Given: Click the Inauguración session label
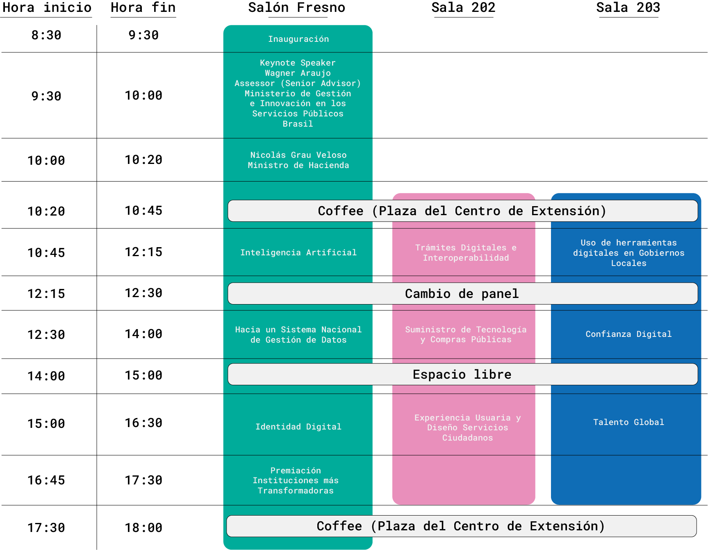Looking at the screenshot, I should click(298, 39).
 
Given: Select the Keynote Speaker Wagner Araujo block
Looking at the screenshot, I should click(298, 93).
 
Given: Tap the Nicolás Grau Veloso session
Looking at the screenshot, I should click(298, 160).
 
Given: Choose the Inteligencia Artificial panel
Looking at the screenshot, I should click(298, 252).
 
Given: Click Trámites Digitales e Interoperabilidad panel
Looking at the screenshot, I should click(465, 252).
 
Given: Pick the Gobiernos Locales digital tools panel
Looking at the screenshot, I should click(628, 252).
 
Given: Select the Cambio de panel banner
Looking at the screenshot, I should click(462, 293).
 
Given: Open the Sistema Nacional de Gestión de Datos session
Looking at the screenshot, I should click(298, 334).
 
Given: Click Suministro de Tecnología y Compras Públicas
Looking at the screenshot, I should click(465, 334).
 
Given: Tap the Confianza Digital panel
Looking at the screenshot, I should click(628, 334).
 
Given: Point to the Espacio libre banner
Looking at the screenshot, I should click(462, 374).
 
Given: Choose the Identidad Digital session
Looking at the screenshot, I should click(298, 427).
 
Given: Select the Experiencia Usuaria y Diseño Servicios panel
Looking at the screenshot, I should click(467, 427).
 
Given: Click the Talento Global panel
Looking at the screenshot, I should click(628, 422).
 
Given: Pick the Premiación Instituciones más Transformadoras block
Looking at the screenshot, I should click(296, 480).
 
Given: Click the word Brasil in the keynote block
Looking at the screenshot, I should click(298, 124).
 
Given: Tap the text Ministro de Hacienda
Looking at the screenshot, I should click(298, 165).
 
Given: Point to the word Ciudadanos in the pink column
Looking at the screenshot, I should click(467, 438).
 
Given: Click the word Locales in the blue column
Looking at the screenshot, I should click(628, 263).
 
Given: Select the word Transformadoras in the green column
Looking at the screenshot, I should click(296, 491).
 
